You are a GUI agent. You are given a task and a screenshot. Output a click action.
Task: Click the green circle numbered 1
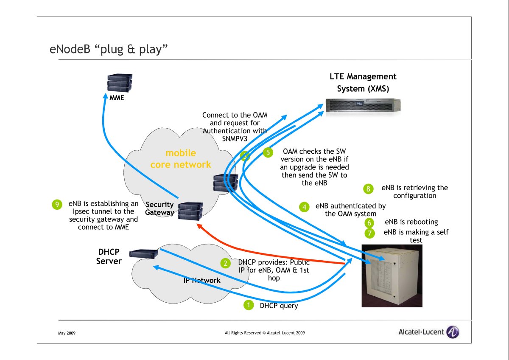(248, 305)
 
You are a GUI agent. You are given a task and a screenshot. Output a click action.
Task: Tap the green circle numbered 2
(226, 263)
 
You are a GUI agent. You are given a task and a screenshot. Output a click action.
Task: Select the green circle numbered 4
(304, 207)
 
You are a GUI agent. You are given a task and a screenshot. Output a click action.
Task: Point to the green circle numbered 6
(369, 223)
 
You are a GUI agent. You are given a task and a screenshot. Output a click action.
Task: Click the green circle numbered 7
(369, 233)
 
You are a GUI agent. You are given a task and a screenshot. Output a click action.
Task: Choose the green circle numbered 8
(369, 188)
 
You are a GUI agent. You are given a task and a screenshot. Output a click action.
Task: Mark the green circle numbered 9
(57, 205)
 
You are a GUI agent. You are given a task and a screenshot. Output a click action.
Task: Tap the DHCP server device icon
(144, 253)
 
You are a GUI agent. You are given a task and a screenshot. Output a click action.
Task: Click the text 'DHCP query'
(279, 306)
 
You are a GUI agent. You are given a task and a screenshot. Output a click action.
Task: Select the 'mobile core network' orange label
(181, 159)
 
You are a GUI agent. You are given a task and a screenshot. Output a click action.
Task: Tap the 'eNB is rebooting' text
(411, 222)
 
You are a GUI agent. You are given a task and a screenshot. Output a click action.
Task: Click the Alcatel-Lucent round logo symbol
(453, 332)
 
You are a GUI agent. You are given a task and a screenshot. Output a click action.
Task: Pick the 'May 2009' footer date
(67, 333)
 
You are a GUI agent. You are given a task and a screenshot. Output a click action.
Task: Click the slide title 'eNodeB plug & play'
(109, 50)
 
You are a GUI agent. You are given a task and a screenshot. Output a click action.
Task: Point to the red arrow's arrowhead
(198, 227)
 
